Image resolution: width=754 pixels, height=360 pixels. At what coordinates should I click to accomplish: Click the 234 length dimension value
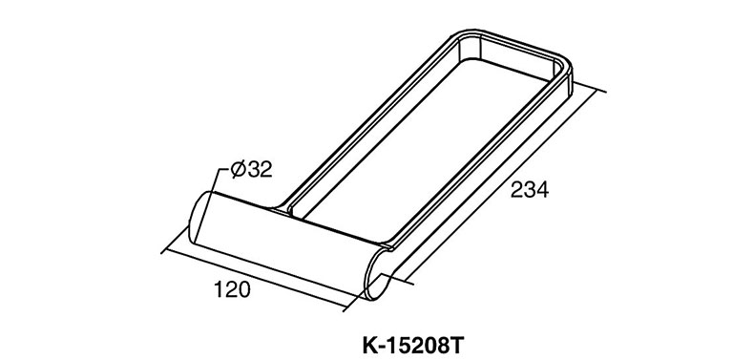tap(529, 190)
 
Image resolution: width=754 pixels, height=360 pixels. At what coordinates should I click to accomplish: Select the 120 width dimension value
tap(232, 290)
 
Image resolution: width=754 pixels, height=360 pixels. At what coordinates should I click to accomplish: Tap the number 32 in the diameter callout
tap(260, 169)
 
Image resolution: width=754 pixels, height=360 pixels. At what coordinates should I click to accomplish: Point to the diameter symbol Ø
tap(239, 169)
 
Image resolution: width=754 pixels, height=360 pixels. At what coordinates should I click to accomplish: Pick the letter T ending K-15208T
tap(458, 346)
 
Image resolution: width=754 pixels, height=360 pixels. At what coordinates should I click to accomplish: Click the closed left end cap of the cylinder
tap(199, 217)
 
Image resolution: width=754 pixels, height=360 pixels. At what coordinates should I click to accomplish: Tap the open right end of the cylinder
tap(380, 272)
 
